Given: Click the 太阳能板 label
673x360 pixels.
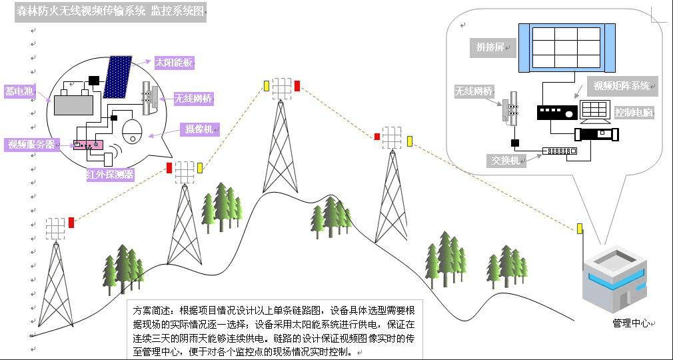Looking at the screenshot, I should pos(174,63).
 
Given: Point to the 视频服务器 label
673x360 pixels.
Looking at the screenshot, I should pos(31,144).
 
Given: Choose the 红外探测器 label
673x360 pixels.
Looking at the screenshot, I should pos(110,174).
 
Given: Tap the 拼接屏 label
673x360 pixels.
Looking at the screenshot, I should pos(494,47).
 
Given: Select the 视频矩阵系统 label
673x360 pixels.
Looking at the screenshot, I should pos(623,85).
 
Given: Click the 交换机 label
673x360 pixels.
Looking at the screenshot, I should pos(506,160).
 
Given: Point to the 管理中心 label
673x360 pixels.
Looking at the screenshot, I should pos(630,323).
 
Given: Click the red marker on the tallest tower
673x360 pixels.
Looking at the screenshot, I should pos(297,85).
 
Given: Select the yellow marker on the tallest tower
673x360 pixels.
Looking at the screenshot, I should pos(267,85).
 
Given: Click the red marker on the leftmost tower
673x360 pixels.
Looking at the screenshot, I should pos(71,223).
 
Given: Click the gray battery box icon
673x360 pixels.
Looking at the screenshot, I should pos(73,104).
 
